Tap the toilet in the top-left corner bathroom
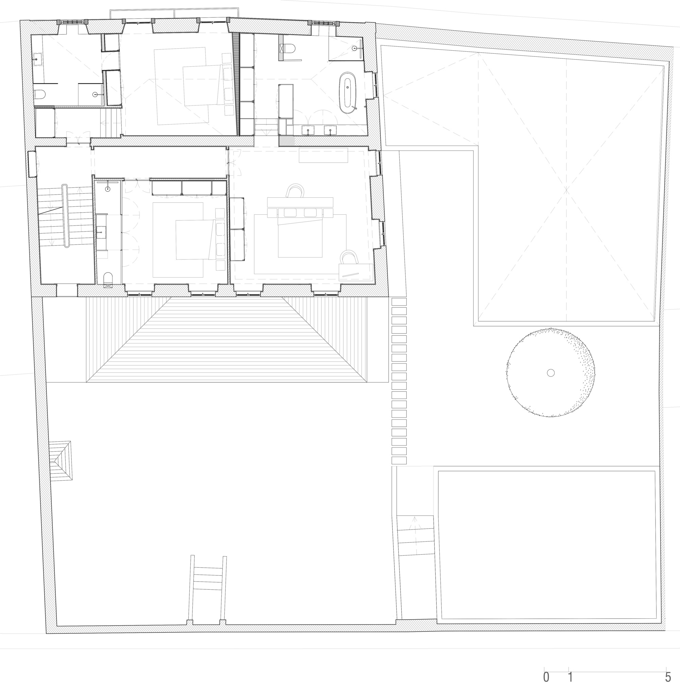point(40,94)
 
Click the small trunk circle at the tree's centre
point(550,373)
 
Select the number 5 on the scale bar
point(668,677)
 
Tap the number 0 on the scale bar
point(546,677)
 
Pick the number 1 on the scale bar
point(570,677)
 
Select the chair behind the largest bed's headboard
point(295,190)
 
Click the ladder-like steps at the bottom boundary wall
point(208,590)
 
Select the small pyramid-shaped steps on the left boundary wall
point(61,461)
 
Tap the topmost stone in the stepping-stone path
point(399,302)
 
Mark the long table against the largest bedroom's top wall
point(323,155)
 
